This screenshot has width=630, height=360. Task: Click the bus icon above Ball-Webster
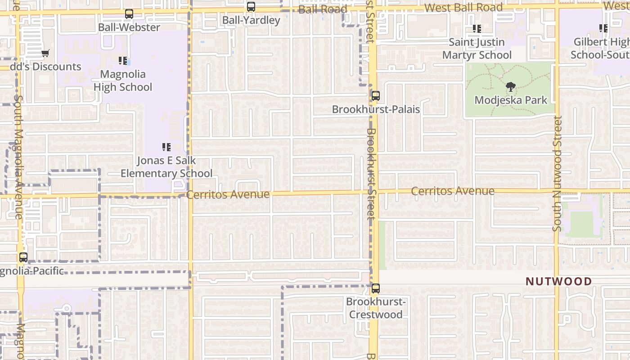coord(129,14)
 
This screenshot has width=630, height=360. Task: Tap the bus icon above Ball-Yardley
coord(251,7)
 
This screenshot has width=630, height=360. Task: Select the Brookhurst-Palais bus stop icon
coord(375,96)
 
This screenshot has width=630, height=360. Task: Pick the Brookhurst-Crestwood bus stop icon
coord(375,288)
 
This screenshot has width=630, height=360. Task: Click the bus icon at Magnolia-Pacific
coord(23,257)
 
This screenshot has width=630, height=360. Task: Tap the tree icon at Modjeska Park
coord(510,87)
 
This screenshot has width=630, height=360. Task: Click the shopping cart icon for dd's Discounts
coord(45,54)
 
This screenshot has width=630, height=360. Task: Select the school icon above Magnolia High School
coord(122,61)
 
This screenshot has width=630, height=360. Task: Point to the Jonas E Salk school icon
coord(166,147)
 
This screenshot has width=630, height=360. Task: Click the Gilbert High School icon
coord(603,28)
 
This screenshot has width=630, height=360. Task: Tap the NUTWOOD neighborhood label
coord(558,282)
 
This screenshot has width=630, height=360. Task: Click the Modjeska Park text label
coord(511,100)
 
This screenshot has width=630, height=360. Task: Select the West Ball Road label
coord(463,8)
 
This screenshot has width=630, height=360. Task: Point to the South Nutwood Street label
coord(558,174)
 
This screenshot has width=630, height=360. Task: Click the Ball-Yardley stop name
coord(251,20)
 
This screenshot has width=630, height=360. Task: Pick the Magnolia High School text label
coord(123,81)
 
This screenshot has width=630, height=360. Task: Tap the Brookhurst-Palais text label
coord(376,109)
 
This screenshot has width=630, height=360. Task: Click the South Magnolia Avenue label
coord(18,157)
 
